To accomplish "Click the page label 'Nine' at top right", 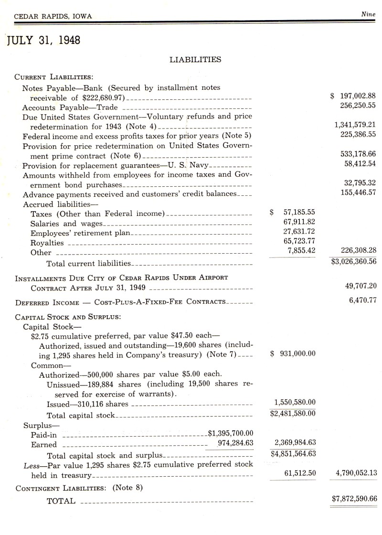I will click(x=368, y=15).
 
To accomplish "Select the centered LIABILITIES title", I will click(x=195, y=60).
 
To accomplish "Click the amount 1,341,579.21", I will click(x=355, y=125).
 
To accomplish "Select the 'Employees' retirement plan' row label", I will click(x=80, y=233).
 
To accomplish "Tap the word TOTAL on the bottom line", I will click(x=61, y=501).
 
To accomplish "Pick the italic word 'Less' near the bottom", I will click(x=31, y=464).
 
